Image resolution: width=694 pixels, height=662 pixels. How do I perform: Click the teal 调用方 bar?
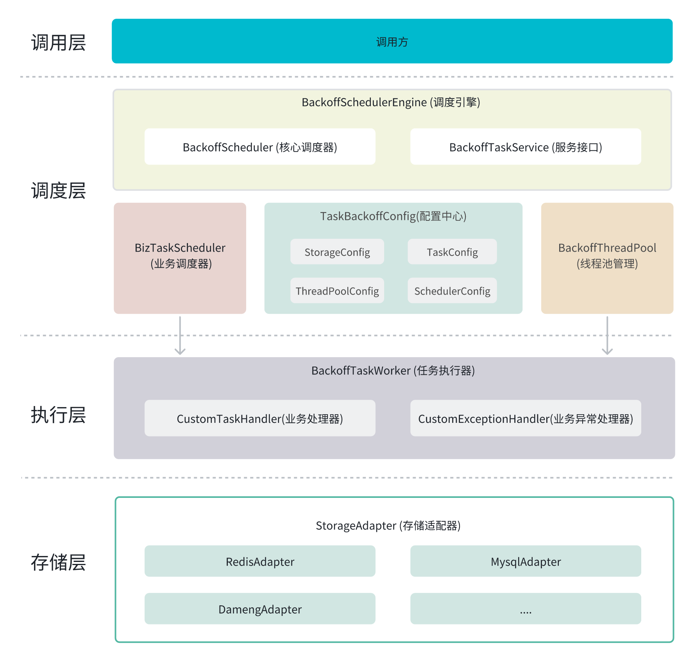pyautogui.click(x=392, y=41)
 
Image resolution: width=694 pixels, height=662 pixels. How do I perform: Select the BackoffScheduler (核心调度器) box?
pyautogui.click(x=260, y=147)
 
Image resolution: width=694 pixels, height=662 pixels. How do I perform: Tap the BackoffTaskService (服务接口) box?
pyautogui.click(x=526, y=147)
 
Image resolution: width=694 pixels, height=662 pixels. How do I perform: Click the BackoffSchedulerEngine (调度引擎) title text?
pyautogui.click(x=391, y=102)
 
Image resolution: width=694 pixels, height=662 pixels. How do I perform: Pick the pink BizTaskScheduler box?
pyautogui.click(x=180, y=258)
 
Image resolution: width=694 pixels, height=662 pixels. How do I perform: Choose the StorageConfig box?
pyautogui.click(x=337, y=252)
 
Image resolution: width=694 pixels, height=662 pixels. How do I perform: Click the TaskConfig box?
pyautogui.click(x=452, y=252)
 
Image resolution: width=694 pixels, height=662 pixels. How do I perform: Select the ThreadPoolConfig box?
pyautogui.click(x=337, y=291)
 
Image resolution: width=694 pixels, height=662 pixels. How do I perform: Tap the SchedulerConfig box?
pyautogui.click(x=452, y=291)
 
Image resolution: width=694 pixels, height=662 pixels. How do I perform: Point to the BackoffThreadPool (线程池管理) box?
pyautogui.click(x=607, y=258)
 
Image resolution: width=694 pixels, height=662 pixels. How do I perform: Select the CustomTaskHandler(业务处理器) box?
pyautogui.click(x=260, y=419)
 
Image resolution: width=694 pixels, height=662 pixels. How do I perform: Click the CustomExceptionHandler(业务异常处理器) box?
pyautogui.click(x=526, y=419)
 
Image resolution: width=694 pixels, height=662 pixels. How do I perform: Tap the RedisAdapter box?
pyautogui.click(x=260, y=562)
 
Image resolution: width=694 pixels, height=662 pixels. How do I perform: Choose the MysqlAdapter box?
pyautogui.click(x=526, y=562)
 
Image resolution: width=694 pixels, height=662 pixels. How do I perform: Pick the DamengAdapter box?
pyautogui.click(x=260, y=609)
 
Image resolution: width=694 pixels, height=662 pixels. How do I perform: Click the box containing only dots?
pyautogui.click(x=526, y=609)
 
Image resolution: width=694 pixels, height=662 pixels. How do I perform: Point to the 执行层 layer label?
pyautogui.click(x=58, y=415)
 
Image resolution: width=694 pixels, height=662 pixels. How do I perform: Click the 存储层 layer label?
pyautogui.click(x=58, y=563)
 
